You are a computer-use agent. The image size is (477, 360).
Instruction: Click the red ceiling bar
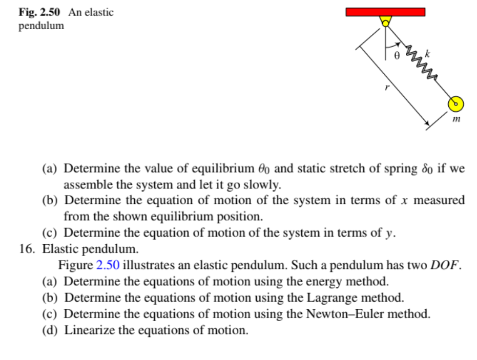click(385, 12)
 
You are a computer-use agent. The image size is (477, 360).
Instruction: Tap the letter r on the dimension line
click(387, 88)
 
